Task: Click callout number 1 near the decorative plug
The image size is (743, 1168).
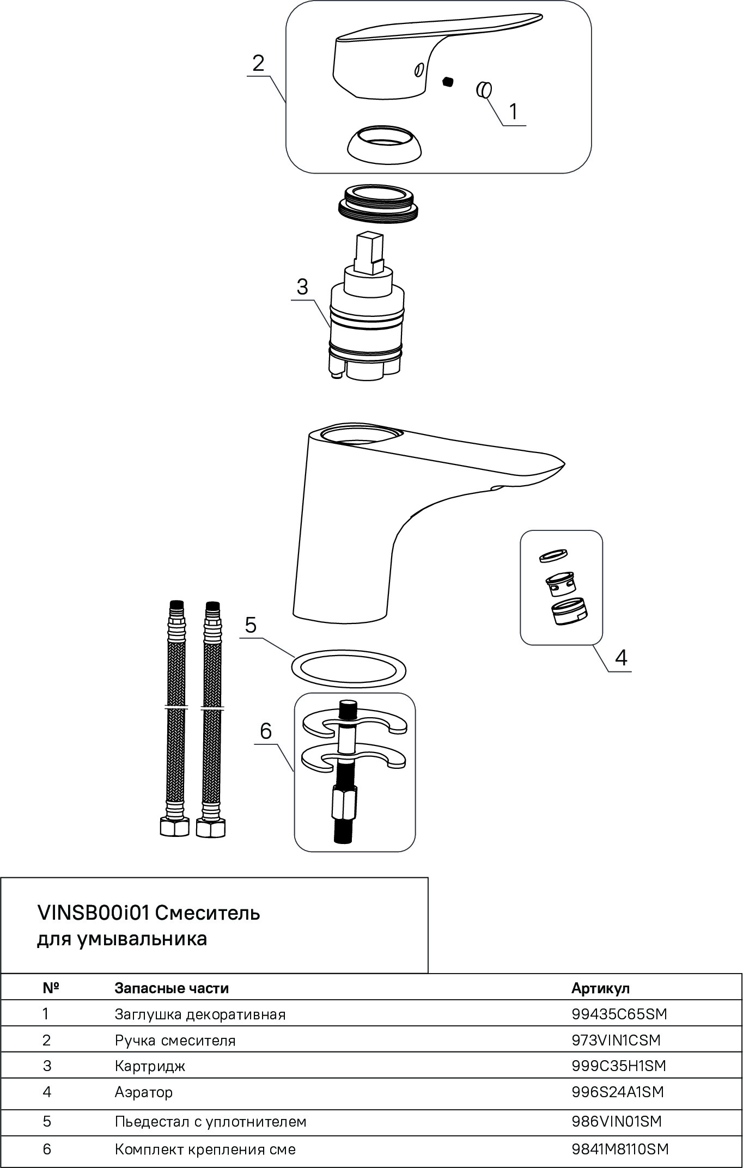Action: click(514, 111)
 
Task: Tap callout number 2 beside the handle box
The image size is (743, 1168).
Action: click(258, 63)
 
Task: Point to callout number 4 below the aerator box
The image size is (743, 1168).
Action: click(620, 658)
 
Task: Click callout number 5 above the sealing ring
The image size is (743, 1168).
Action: click(251, 625)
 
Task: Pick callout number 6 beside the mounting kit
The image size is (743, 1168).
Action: click(265, 731)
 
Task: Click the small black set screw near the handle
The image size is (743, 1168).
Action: click(448, 82)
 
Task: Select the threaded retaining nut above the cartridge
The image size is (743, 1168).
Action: click(379, 202)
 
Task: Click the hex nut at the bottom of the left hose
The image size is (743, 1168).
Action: click(174, 828)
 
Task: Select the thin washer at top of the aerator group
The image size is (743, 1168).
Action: click(553, 556)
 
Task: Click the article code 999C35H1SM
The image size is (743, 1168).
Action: click(619, 1066)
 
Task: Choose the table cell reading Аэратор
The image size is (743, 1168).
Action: click(144, 1092)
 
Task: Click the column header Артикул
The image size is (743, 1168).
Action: click(600, 988)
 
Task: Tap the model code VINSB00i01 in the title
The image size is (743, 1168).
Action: click(93, 912)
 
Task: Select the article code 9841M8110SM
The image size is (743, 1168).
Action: click(620, 1149)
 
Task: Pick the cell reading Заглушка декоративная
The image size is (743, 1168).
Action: click(200, 1014)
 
